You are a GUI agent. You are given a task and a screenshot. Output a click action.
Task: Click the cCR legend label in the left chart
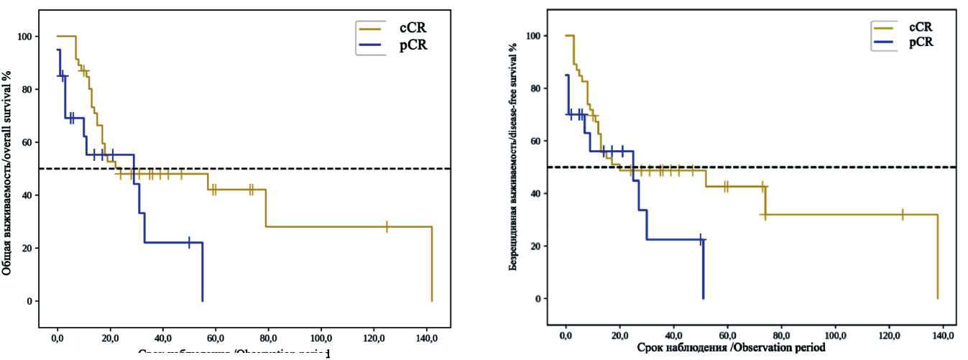pyautogui.click(x=412, y=28)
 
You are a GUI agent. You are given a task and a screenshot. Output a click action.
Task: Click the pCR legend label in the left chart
pyautogui.click(x=412, y=48)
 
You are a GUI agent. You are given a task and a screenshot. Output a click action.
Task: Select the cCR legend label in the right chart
pyautogui.click(x=921, y=27)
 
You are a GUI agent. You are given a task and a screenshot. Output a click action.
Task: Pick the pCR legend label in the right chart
pyautogui.click(x=921, y=43)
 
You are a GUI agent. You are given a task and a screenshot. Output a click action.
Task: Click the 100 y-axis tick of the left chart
pyautogui.click(x=26, y=37)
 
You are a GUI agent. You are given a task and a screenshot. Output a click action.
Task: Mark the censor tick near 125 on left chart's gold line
pyautogui.click(x=387, y=226)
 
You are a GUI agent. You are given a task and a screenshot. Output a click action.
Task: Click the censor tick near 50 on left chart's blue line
pyautogui.click(x=189, y=242)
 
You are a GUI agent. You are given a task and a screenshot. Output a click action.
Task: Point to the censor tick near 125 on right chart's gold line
pyautogui.click(x=902, y=214)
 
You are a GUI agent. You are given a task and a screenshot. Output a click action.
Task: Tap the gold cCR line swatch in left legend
pyautogui.click(x=372, y=29)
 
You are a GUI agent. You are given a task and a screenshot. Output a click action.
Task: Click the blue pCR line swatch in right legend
pyautogui.click(x=885, y=44)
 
